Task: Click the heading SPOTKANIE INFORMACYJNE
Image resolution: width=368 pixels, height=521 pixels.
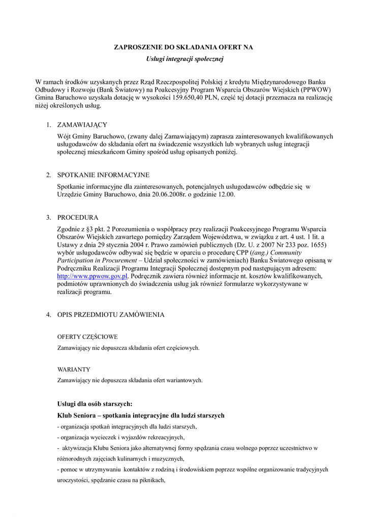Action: pyautogui.click(x=103, y=174)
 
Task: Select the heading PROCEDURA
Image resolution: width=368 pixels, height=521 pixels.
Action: pyautogui.click(x=78, y=217)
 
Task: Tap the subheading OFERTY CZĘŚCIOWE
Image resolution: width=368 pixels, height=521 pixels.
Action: pyautogui.click(x=87, y=336)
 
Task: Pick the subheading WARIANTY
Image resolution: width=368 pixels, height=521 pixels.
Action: pyautogui.click(x=74, y=369)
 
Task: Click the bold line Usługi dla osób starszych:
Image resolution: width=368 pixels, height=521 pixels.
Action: pyautogui.click(x=95, y=403)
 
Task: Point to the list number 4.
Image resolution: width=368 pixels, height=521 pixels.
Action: pyautogui.click(x=48, y=314)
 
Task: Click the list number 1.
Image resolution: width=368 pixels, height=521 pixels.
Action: pyautogui.click(x=48, y=124)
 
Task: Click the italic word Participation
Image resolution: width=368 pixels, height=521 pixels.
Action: pyautogui.click(x=75, y=260)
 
